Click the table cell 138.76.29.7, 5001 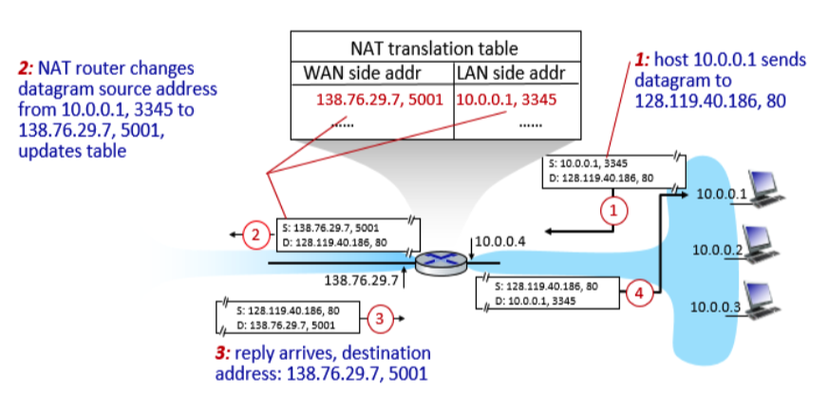coord(380,99)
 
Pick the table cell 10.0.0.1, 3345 coord(506,99)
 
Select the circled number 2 coord(254,234)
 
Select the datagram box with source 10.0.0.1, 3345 coord(612,170)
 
